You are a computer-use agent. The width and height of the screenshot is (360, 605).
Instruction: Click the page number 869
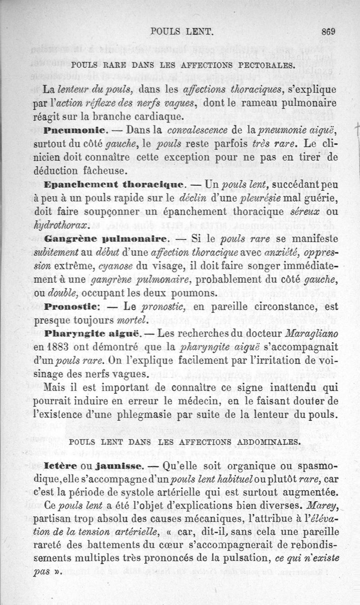[x=329, y=32]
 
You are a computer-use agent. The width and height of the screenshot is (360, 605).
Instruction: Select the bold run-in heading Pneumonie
[x=75, y=131]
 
